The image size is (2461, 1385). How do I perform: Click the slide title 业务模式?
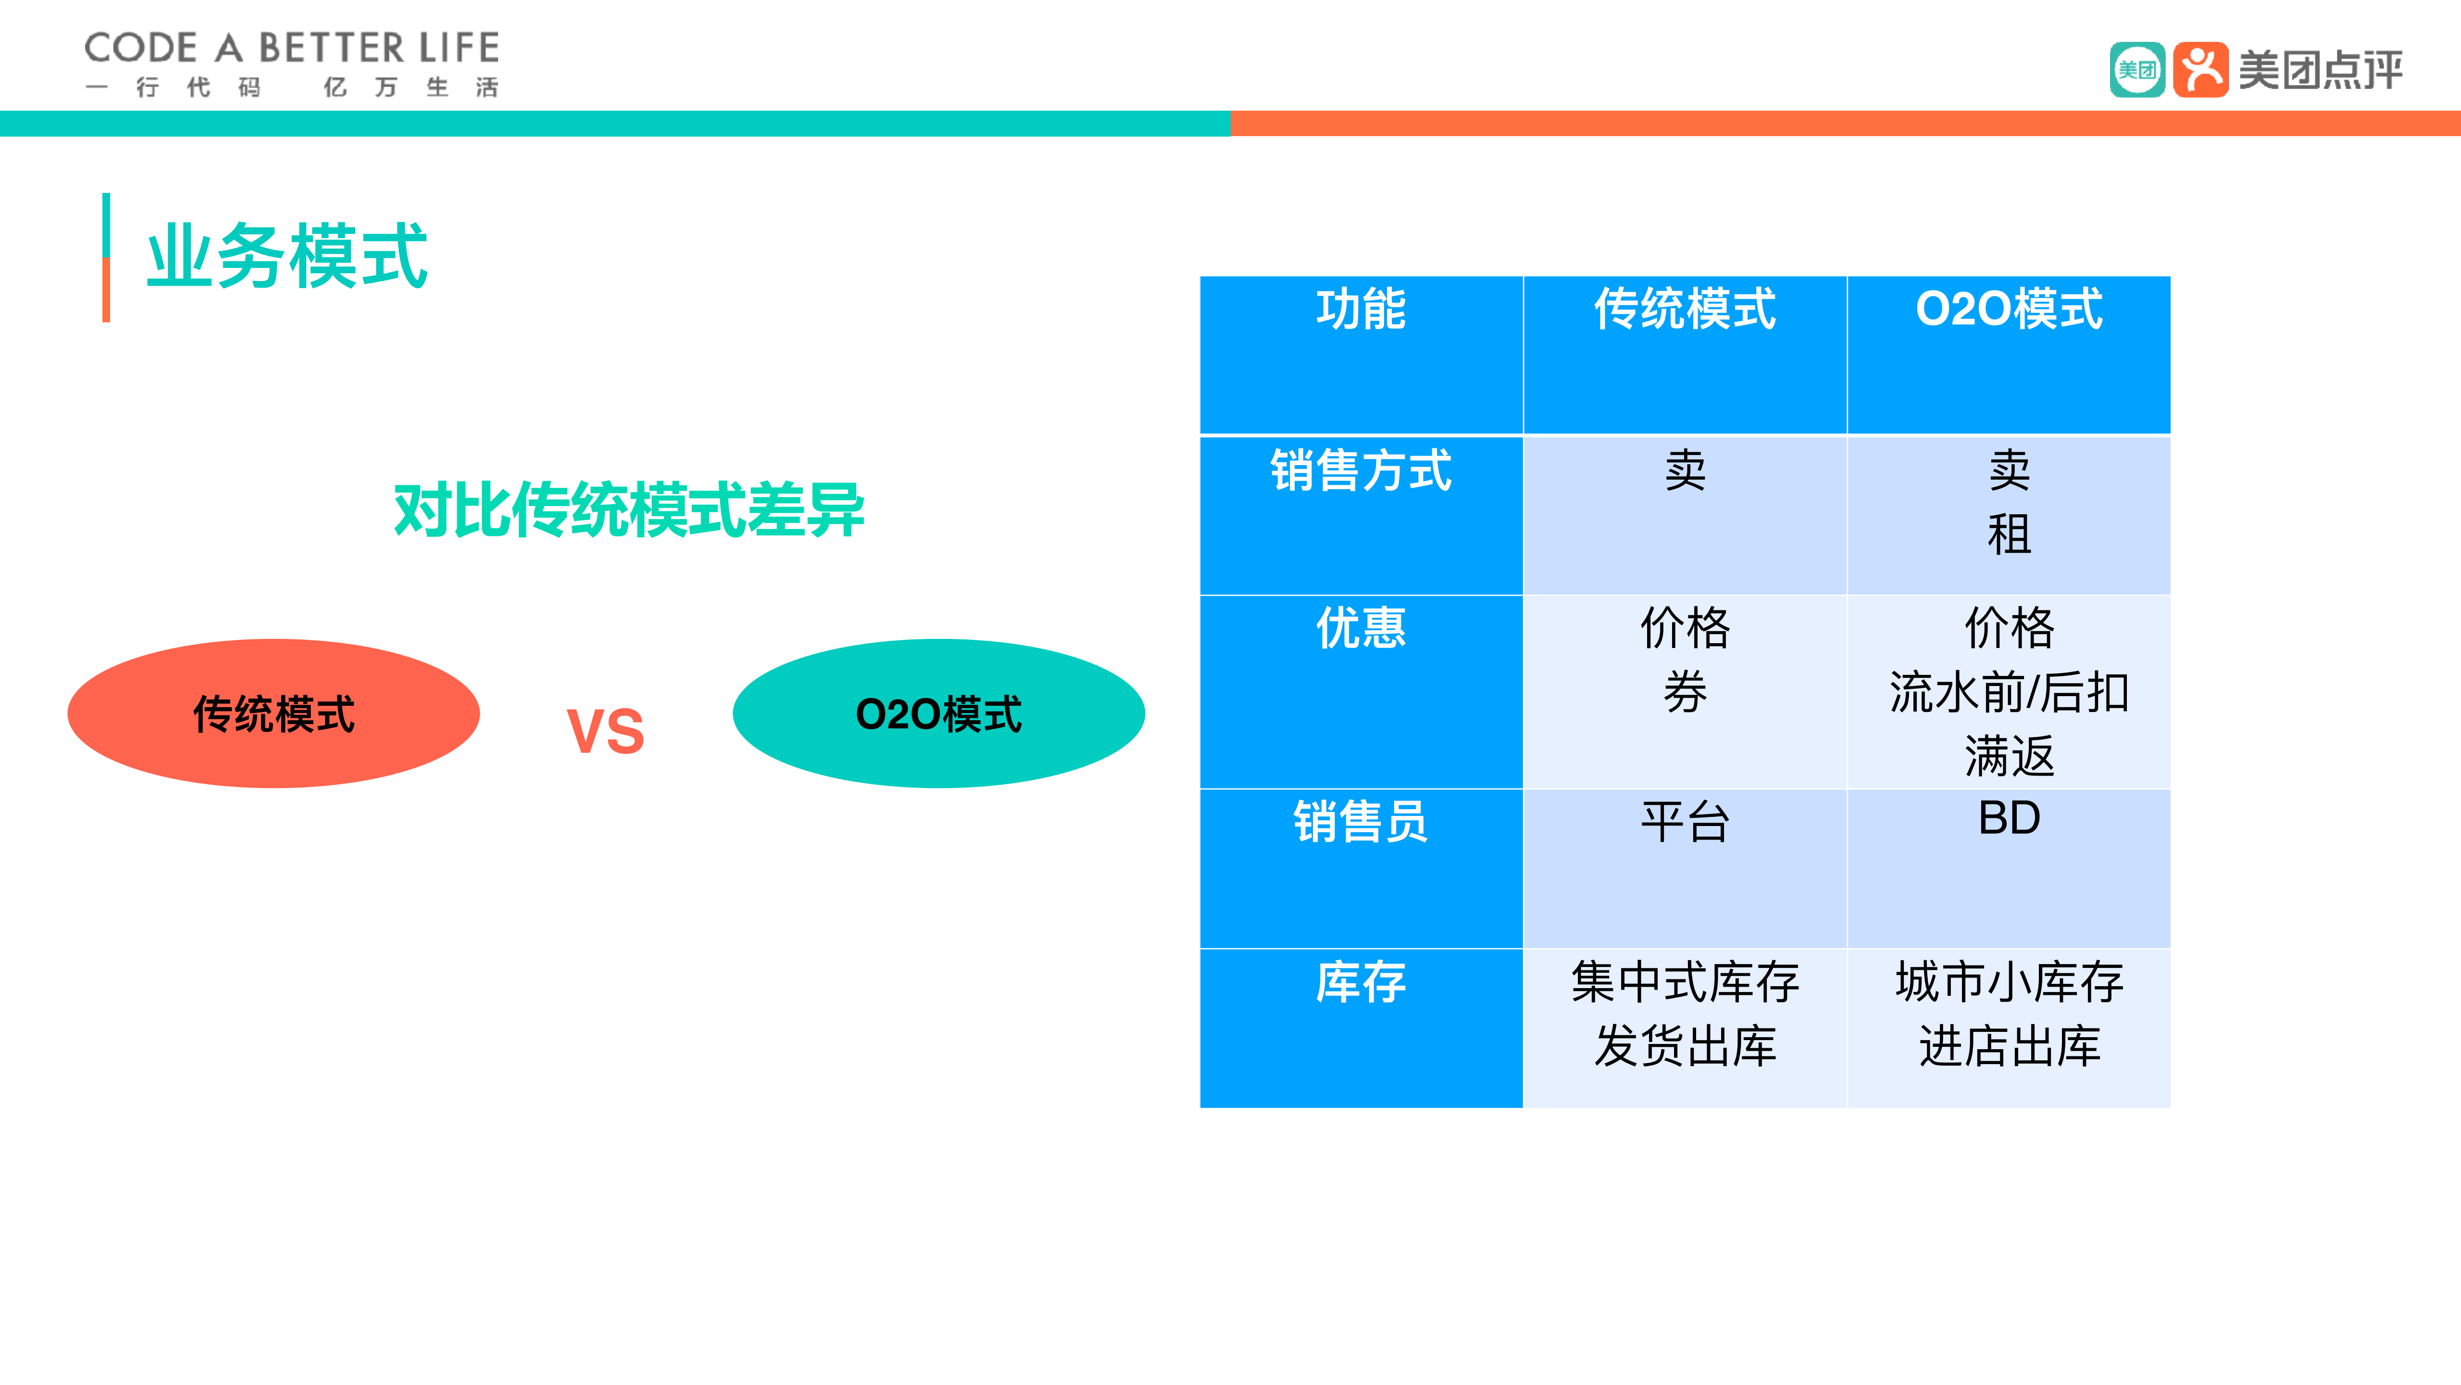[x=287, y=256]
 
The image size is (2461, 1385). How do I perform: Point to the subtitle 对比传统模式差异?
[x=629, y=510]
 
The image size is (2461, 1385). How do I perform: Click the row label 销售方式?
[x=1361, y=470]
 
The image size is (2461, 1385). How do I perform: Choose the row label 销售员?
[x=1361, y=822]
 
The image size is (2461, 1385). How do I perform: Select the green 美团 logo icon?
[x=2137, y=70]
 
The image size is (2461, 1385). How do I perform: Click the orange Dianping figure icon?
[x=2200, y=70]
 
